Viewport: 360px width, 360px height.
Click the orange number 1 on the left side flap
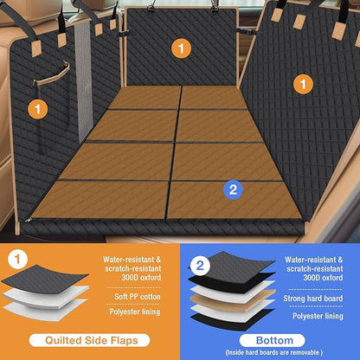coord(37,108)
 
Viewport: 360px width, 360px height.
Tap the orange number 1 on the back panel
coord(181,49)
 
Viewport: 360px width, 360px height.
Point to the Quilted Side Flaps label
coord(88,340)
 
